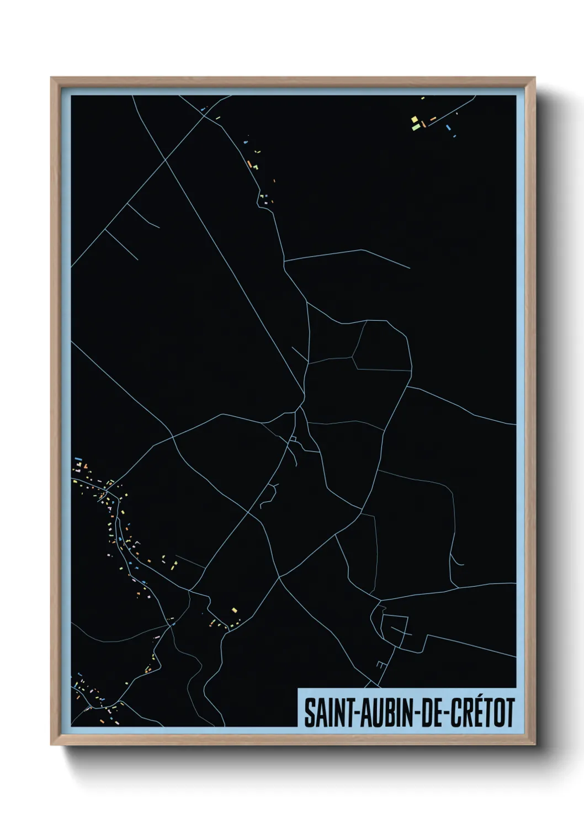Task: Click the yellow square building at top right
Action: tap(414, 119)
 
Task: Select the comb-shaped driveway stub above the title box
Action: tap(380, 665)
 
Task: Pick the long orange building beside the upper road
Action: tap(249, 164)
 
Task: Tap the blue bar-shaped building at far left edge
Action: tap(78, 458)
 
